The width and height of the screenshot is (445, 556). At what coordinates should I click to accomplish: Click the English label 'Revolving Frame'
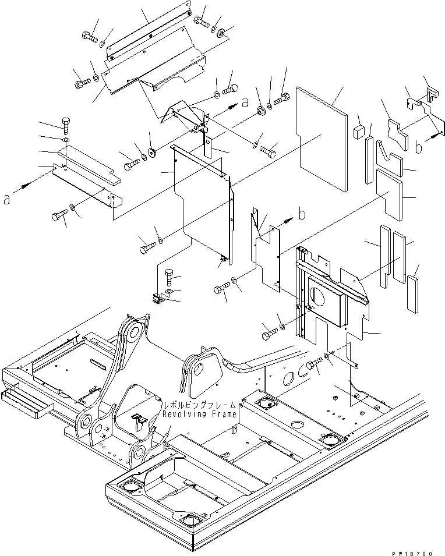click(199, 414)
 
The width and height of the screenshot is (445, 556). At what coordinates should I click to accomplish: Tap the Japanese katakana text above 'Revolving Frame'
click(200, 405)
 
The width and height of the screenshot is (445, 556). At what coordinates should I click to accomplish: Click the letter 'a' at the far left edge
click(7, 199)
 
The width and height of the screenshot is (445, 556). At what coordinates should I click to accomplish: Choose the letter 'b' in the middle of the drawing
click(302, 214)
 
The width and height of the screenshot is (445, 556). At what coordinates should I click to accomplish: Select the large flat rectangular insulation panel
click(321, 139)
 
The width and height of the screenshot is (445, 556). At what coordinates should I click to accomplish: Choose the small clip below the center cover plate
click(157, 299)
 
